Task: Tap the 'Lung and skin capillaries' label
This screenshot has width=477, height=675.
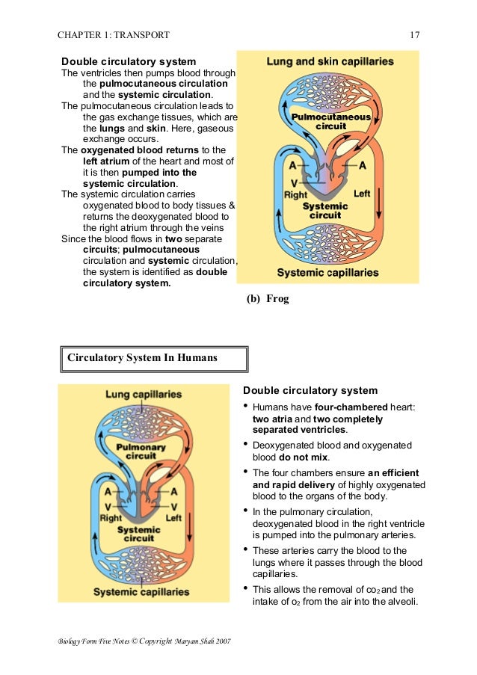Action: click(330, 61)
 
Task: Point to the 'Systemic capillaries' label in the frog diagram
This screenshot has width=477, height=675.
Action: click(327, 273)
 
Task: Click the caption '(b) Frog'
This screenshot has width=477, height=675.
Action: click(268, 299)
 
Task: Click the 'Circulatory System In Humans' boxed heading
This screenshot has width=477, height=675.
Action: click(143, 358)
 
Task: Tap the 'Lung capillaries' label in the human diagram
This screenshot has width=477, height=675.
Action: click(143, 394)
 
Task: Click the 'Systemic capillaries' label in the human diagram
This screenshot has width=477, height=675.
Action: click(141, 592)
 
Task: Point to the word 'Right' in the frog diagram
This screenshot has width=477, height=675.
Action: click(295, 195)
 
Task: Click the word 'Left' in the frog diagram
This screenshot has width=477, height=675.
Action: click(362, 194)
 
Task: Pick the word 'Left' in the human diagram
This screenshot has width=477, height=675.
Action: click(173, 517)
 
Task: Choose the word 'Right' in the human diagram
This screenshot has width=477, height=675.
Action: click(111, 517)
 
